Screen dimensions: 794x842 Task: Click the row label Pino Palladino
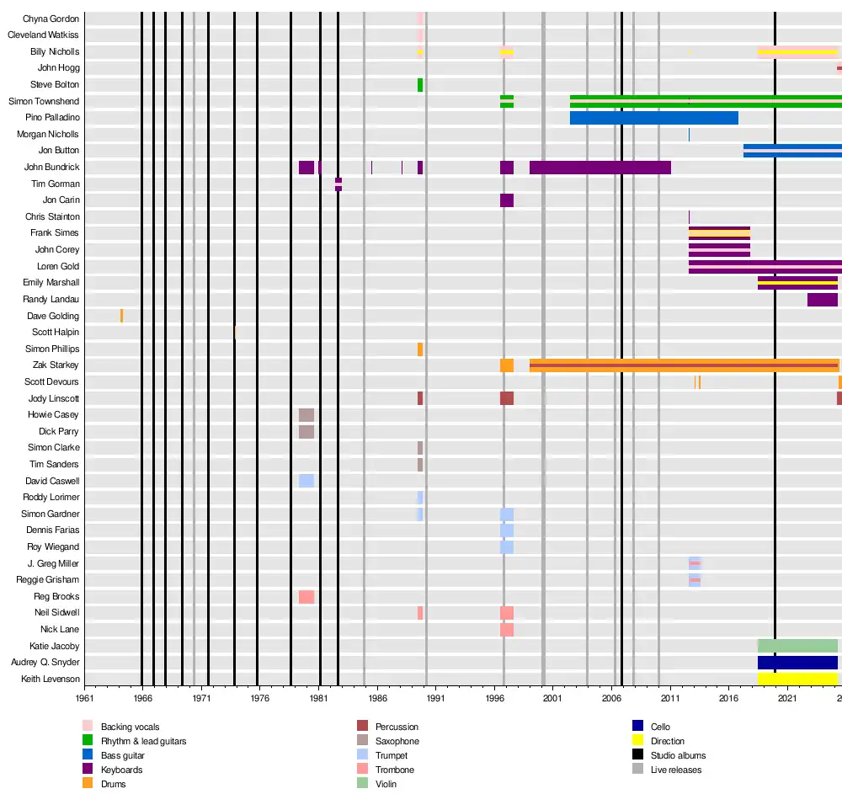pos(52,118)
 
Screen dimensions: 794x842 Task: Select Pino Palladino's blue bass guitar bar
pos(653,118)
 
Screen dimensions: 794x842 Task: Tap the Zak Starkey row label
pos(56,365)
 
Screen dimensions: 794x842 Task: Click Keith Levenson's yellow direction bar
pos(797,679)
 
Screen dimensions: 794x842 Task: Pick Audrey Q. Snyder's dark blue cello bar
pos(797,663)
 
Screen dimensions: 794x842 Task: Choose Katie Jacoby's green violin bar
pos(797,646)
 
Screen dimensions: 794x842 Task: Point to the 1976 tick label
pos(260,698)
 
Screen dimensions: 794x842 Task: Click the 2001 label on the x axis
pos(552,698)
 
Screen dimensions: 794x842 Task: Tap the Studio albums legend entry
pos(678,755)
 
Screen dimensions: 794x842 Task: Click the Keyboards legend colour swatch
pos(88,770)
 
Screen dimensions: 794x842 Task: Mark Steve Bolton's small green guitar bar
pos(420,85)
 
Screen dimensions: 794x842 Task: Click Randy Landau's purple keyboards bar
pos(822,300)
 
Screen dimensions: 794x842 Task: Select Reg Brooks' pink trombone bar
pos(306,597)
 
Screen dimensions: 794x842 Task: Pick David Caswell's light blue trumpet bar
pos(306,481)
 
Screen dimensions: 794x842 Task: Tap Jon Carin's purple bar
pos(507,200)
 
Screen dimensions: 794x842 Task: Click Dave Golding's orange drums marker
pos(121,316)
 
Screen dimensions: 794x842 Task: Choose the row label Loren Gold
pos(58,266)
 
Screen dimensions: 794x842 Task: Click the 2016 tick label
pos(728,698)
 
